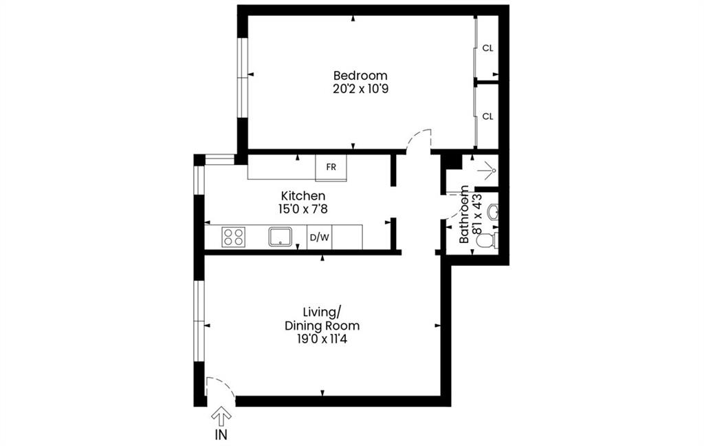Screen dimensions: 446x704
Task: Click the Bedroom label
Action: point(360,75)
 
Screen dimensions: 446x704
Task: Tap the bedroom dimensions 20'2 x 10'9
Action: point(360,89)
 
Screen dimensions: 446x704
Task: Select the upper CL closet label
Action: point(487,48)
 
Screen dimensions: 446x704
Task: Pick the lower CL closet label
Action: point(487,116)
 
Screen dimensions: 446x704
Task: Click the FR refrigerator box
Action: point(331,167)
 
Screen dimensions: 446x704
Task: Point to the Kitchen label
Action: point(303,196)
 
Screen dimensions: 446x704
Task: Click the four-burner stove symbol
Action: point(233,237)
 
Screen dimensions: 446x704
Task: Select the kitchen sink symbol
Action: point(281,237)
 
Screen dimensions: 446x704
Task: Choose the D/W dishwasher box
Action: point(320,237)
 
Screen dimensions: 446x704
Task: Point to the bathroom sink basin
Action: point(492,212)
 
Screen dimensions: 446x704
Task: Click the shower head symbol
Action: point(490,167)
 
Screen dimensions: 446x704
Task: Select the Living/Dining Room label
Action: point(322,318)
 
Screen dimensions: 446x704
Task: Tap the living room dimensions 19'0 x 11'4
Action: point(322,339)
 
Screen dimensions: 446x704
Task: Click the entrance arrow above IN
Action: point(221,416)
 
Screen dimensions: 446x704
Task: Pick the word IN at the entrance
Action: point(221,434)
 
